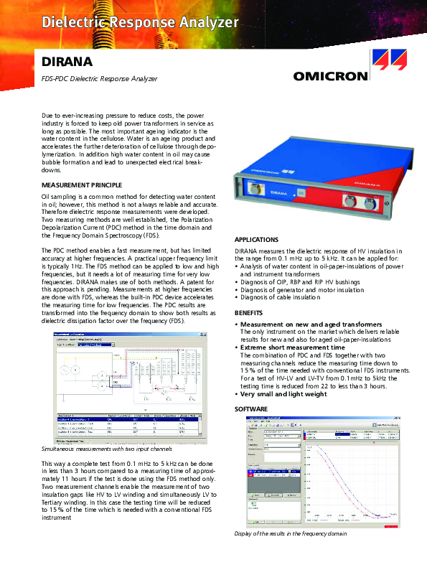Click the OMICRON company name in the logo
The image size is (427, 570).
coord(331,75)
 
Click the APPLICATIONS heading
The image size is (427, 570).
coord(256,239)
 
